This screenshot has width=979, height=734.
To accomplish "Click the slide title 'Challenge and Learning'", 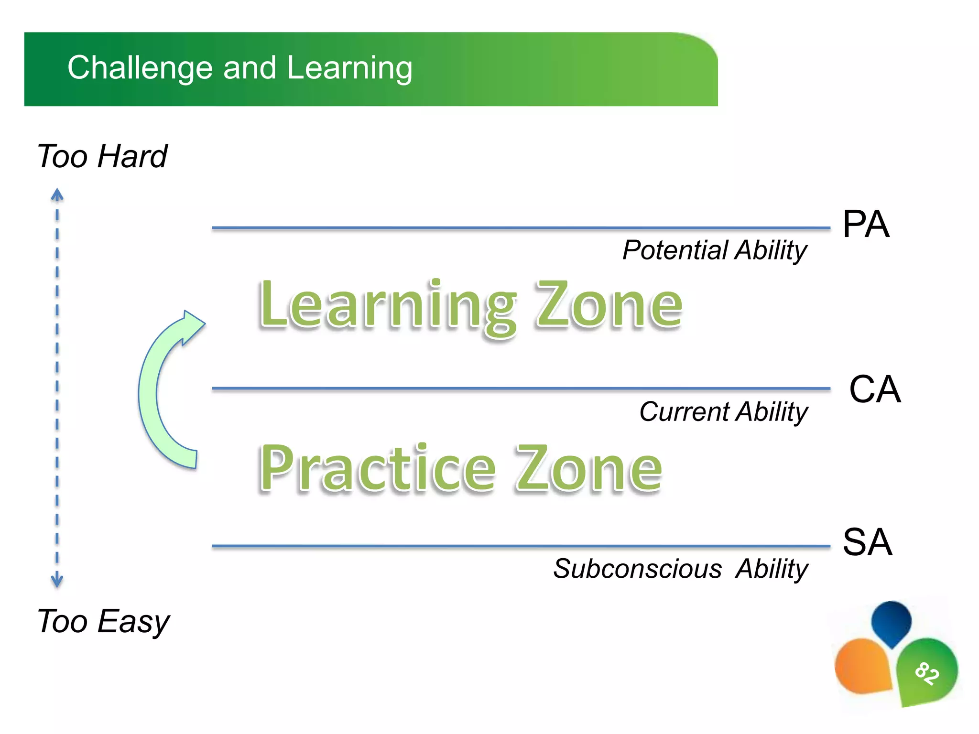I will click(x=239, y=68).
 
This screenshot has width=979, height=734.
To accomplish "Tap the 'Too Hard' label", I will click(x=102, y=156).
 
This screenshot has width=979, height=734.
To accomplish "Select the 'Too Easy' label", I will click(x=103, y=621).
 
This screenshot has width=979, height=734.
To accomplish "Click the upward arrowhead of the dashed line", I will click(x=57, y=194).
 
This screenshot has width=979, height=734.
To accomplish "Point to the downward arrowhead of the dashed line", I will click(x=57, y=581).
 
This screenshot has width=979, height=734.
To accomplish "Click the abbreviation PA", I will click(x=866, y=224).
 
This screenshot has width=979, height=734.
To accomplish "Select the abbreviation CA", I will click(x=874, y=389).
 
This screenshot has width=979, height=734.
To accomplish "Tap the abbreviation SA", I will click(x=867, y=542).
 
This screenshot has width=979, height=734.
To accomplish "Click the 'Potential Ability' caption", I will click(x=715, y=250).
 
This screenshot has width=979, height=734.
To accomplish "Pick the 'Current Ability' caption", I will click(x=723, y=411).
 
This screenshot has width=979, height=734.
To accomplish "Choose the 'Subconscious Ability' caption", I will click(x=680, y=569).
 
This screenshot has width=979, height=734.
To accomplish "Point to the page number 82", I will click(x=927, y=673).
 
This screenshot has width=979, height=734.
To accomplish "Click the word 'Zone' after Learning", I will click(x=609, y=306).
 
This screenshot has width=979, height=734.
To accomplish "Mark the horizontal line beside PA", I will click(x=521, y=228).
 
